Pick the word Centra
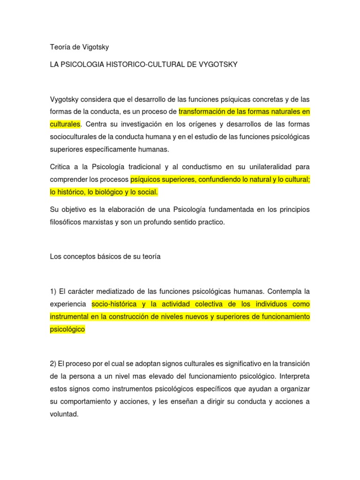tap(96, 124)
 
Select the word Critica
tap(60, 167)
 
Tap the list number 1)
tap(53, 292)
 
